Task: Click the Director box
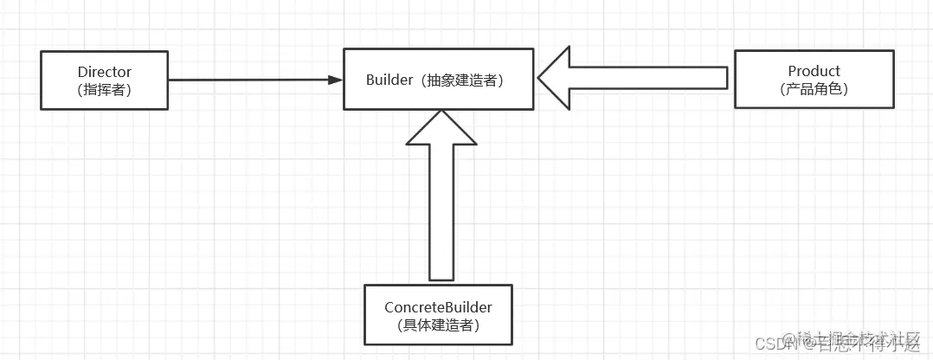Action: pos(104,80)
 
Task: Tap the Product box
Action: pos(814,79)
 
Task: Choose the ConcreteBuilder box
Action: pos(438,315)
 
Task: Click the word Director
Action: pos(104,72)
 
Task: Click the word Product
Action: pos(814,71)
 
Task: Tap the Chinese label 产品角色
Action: pos(814,88)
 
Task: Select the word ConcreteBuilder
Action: pos(438,307)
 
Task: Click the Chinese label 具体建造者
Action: pos(438,325)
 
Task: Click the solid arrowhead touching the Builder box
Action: pos(336,80)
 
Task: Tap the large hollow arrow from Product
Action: pos(632,78)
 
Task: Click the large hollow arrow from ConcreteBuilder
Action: pos(441,199)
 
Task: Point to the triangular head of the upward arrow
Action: pos(441,128)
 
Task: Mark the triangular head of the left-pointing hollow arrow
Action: pos(556,78)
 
